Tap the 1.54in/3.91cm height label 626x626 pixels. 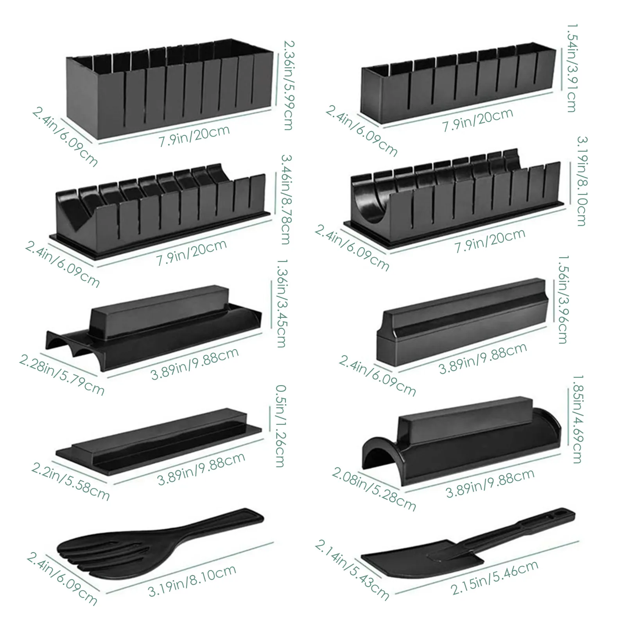(572, 68)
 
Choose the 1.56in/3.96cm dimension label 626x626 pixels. (563, 300)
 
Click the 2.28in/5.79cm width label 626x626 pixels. (62, 376)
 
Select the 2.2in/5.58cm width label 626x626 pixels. (70, 482)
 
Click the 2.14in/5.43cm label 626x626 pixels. (352, 570)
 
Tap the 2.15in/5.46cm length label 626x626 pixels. (495, 577)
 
